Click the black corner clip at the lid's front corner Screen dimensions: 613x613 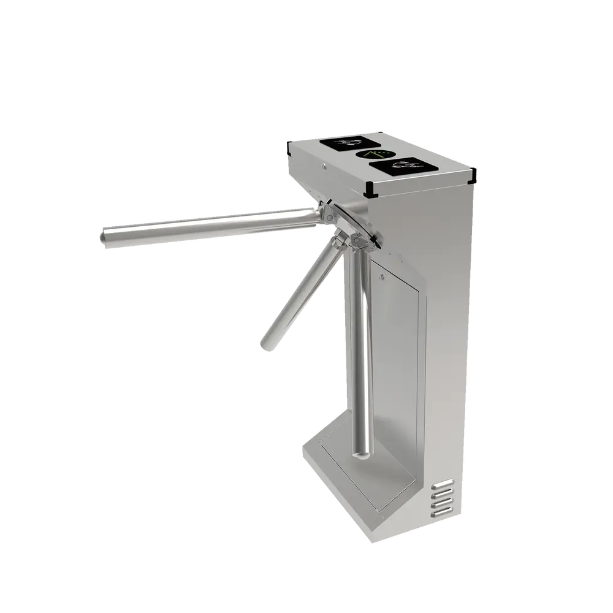[x=370, y=191]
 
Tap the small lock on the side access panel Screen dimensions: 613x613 [x=381, y=278]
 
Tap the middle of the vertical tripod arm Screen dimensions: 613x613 [x=358, y=343]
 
